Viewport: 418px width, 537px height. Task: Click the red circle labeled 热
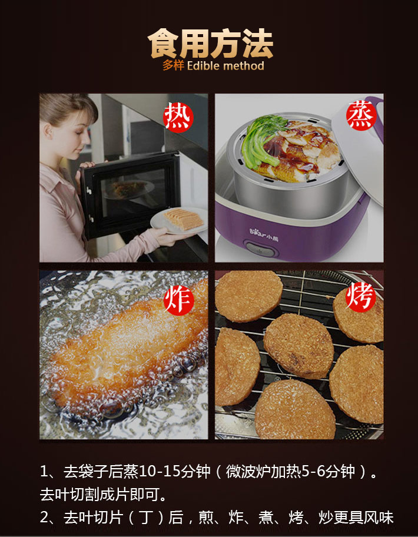178,118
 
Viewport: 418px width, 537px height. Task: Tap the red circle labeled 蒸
361,115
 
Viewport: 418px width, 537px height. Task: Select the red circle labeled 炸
179,300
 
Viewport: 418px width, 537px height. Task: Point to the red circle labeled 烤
360,297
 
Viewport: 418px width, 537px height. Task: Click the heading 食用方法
210,44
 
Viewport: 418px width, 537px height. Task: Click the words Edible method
225,65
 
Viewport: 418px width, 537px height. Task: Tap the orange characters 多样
173,65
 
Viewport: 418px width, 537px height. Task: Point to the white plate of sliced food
179,221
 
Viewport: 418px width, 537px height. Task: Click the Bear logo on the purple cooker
264,237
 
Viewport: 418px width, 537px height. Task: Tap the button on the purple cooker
261,250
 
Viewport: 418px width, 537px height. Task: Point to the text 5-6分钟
328,472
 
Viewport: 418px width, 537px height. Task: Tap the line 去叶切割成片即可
103,495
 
